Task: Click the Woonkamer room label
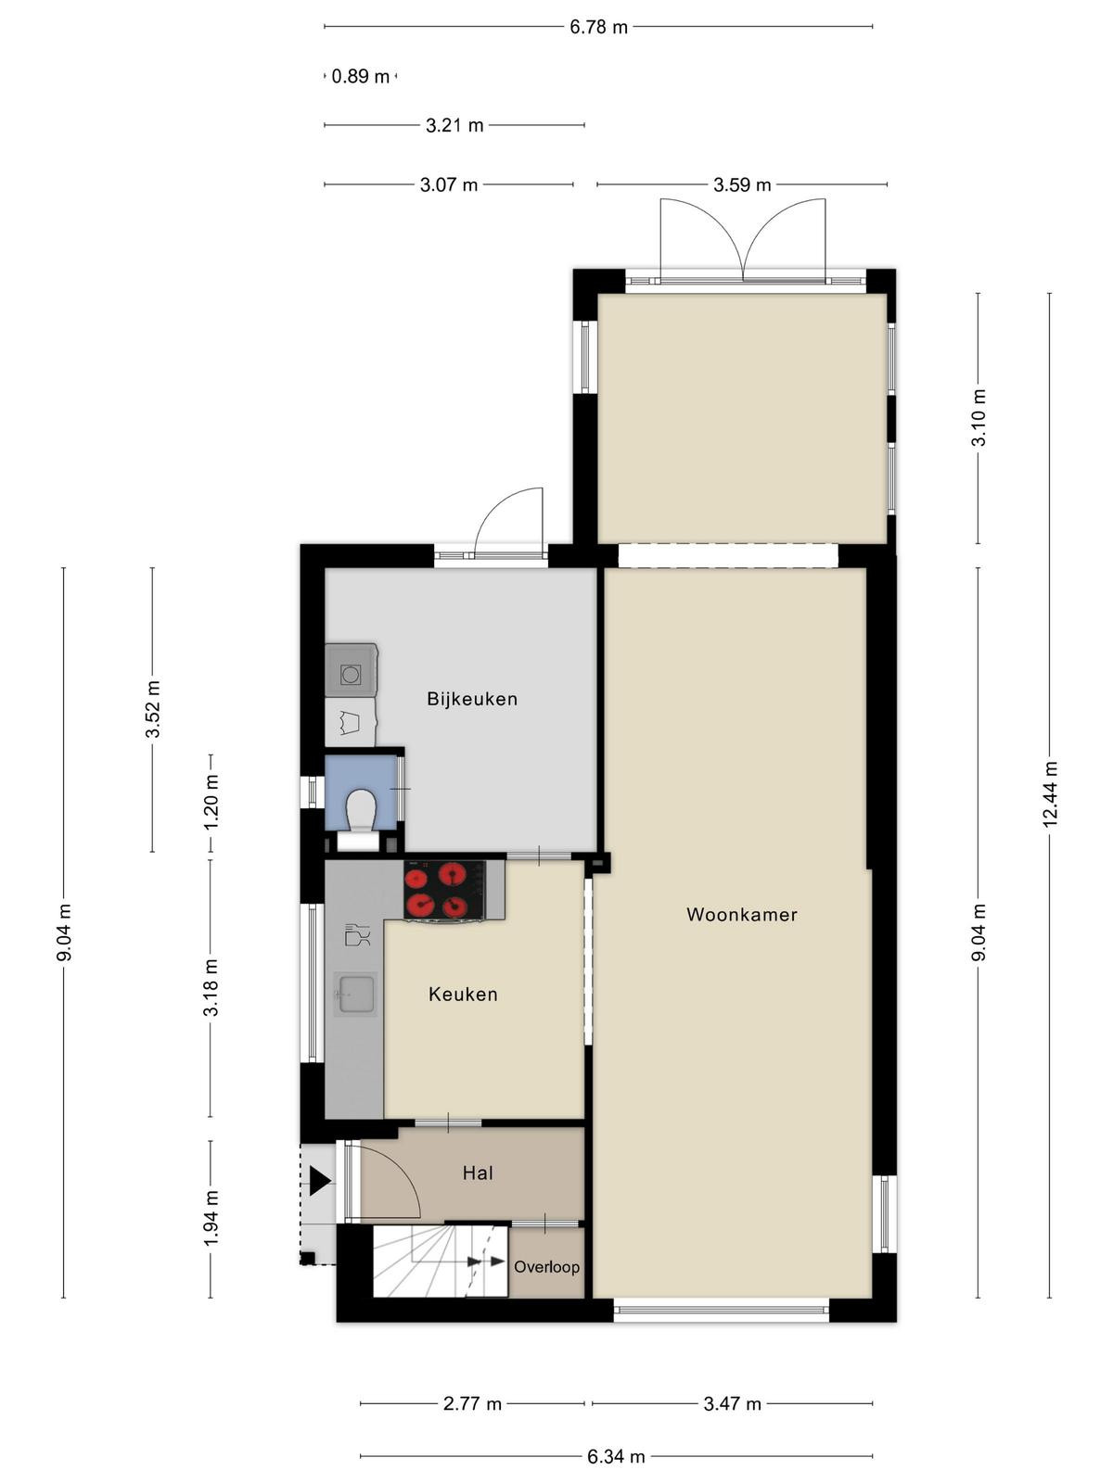click(741, 915)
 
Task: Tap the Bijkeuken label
click(472, 699)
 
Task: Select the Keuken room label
click(463, 994)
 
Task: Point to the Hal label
click(478, 1172)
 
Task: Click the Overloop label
click(546, 1267)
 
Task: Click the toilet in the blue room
click(361, 808)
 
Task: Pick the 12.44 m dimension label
click(1050, 794)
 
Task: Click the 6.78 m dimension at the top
click(598, 27)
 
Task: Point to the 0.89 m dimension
click(360, 76)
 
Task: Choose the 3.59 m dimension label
click(742, 184)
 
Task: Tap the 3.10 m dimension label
click(979, 417)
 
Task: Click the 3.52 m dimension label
click(153, 709)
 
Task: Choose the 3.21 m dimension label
click(454, 126)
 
